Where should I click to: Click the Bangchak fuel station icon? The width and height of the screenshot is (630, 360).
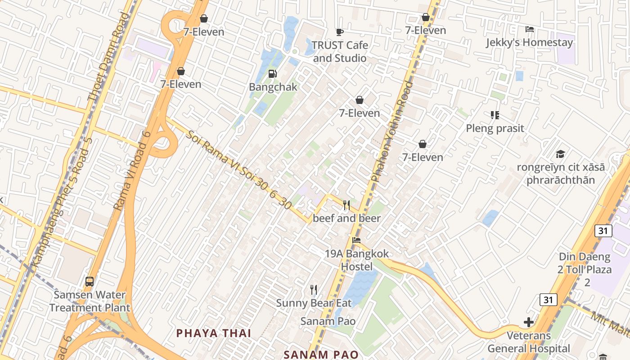pos(272,74)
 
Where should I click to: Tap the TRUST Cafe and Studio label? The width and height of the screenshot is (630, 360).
pos(340,52)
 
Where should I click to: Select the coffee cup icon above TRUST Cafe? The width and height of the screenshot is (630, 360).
pos(340,32)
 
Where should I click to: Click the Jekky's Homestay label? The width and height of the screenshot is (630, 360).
pos(529,43)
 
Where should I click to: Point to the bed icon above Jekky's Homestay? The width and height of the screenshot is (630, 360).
pos(530,29)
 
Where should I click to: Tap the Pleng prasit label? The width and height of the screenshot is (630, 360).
pos(495,128)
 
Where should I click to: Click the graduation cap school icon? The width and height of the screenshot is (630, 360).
pos(560,154)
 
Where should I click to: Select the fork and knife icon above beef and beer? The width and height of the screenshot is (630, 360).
pos(346,205)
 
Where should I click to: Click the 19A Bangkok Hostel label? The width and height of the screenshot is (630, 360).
pos(357,260)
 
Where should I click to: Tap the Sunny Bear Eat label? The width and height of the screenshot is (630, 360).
pos(314,303)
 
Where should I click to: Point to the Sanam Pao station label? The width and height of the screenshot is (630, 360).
pos(328,321)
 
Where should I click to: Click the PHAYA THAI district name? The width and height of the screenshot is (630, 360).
pos(214,333)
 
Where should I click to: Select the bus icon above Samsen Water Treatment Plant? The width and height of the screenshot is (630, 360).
pos(90,282)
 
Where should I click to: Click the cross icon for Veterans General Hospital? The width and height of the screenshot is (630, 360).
pos(529,322)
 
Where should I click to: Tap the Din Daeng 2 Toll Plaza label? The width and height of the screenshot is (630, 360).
pos(585,270)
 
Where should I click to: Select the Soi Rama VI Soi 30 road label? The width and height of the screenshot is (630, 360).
pos(238,170)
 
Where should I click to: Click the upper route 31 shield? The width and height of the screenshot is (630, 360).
pos(603,231)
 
